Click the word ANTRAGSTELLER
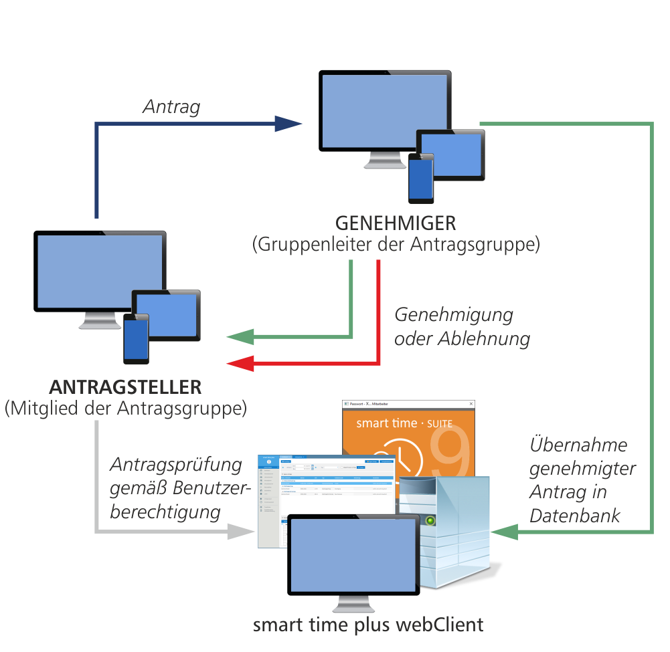(x=125, y=387)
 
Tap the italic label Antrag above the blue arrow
(x=171, y=107)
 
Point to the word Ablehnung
(x=483, y=339)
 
